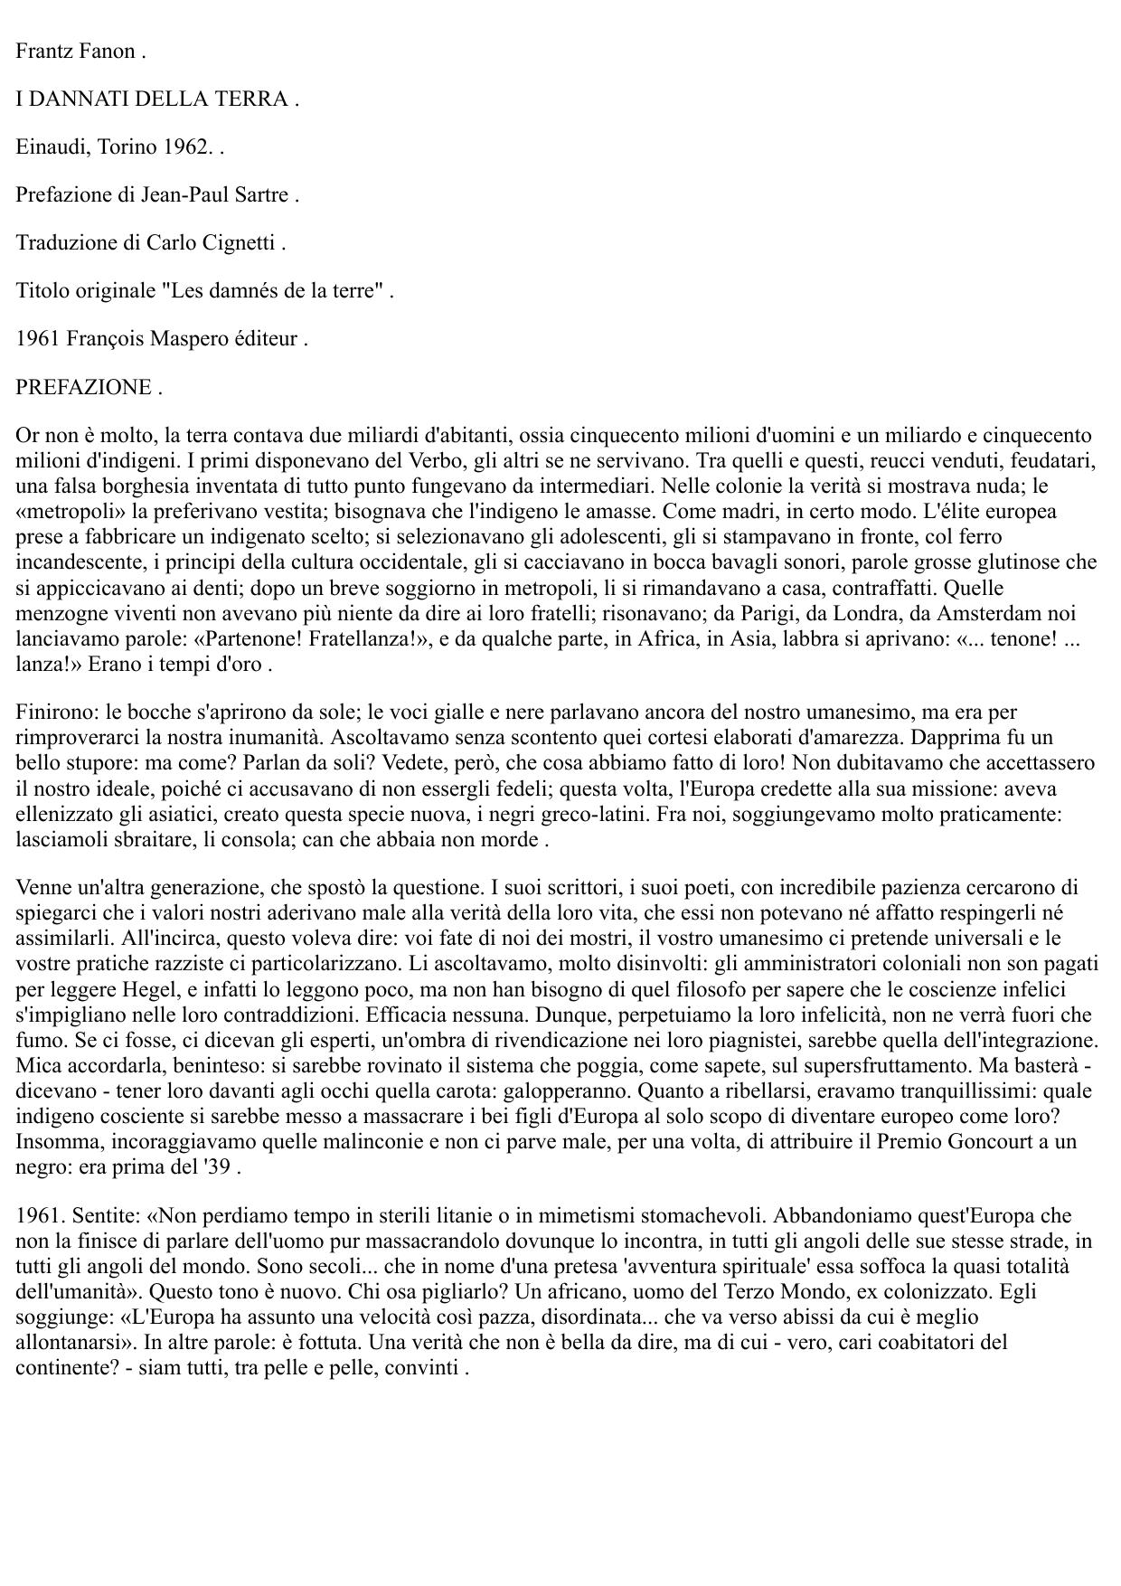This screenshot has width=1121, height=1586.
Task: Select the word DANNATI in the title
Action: pos(78,99)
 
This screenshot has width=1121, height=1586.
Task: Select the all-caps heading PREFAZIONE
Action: pos(83,387)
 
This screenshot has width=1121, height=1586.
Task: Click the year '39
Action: pos(218,1166)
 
